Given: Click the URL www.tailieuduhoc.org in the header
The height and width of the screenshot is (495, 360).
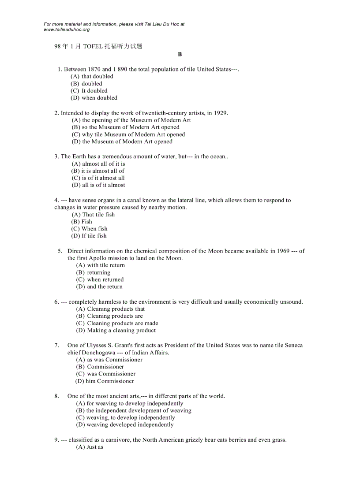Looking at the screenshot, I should point(67,30).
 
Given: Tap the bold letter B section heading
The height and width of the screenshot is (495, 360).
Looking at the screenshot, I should point(180,54).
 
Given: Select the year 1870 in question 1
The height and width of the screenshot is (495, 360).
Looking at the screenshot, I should point(94,69).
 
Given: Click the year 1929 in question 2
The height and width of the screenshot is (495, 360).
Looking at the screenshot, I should point(220,113).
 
